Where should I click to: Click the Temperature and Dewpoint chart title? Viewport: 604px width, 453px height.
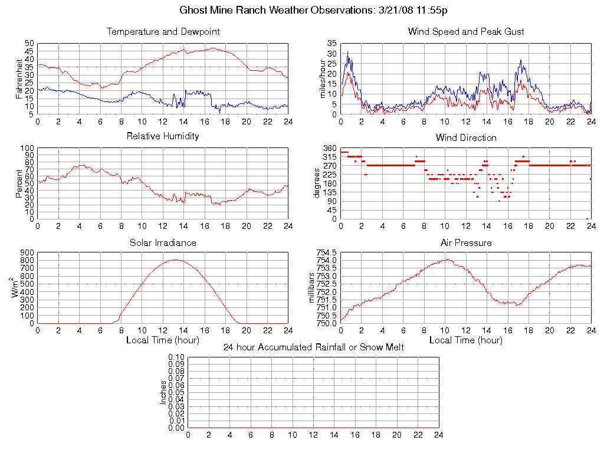163,31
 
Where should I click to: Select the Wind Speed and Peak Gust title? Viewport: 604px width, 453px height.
466,31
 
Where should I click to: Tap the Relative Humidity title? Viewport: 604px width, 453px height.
163,136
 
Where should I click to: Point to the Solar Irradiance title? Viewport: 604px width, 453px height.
163,242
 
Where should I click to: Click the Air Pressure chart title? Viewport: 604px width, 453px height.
466,242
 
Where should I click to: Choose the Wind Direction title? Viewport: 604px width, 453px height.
466,137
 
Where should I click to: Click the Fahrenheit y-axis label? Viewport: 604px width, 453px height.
19,78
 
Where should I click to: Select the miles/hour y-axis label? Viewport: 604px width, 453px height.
322,78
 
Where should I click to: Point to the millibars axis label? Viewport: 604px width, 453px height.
313,287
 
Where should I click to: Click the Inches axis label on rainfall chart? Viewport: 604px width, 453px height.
163,392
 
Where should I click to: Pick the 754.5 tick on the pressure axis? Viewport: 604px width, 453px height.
327,252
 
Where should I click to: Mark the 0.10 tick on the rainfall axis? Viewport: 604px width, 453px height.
176,357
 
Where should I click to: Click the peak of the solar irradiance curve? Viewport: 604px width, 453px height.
175,260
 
